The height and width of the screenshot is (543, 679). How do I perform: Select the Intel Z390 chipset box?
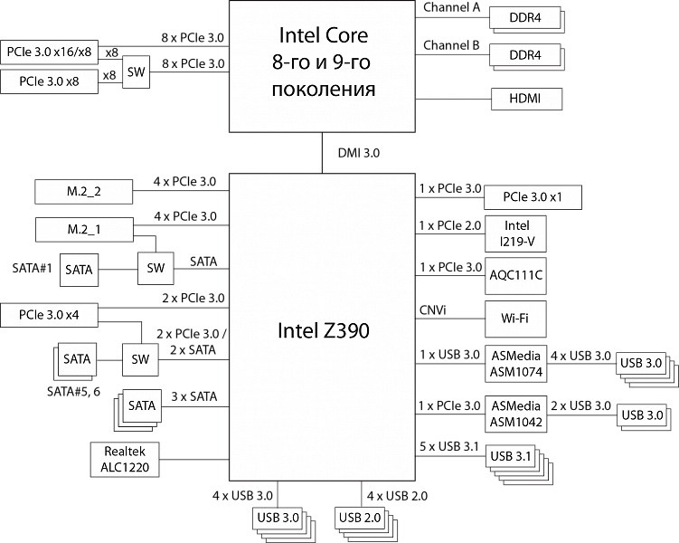click(322, 329)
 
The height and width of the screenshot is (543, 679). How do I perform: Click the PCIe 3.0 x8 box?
click(49, 81)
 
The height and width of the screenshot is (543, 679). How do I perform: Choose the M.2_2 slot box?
click(84, 192)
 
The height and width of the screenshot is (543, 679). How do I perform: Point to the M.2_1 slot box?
click(84, 230)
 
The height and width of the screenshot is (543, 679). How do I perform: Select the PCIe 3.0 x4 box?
click(49, 315)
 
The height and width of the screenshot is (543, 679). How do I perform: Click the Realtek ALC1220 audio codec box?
click(126, 460)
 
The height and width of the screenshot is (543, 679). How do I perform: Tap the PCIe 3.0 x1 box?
click(530, 197)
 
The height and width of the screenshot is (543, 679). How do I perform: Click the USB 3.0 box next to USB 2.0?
click(278, 518)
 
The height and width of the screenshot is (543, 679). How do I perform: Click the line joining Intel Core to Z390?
click(322, 152)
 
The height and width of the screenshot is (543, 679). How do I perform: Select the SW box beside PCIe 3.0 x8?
click(136, 72)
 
